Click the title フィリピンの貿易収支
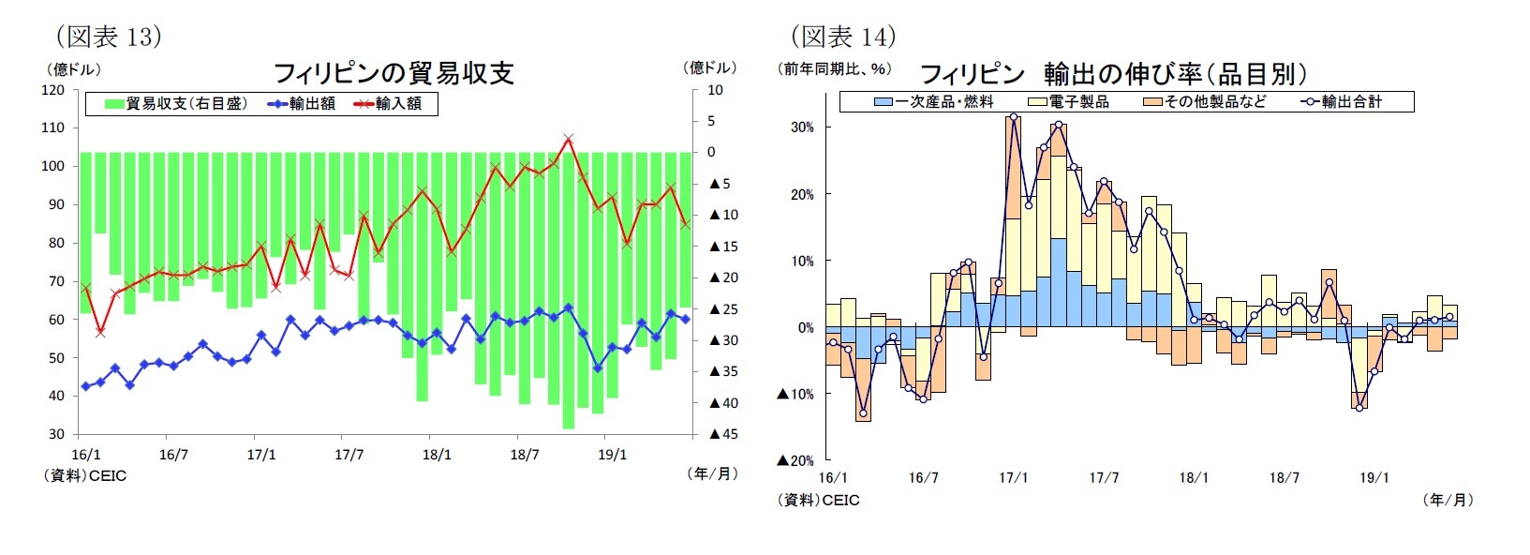394,73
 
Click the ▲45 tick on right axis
722,434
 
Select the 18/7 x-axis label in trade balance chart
525,455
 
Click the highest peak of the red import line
569,139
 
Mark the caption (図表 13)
109,37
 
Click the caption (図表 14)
843,37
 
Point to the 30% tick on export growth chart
802,127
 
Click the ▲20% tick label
795,460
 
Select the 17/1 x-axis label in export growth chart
1013,478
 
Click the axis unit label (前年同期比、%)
834,69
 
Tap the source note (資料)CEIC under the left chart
83,476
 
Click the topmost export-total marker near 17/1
1014,117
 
